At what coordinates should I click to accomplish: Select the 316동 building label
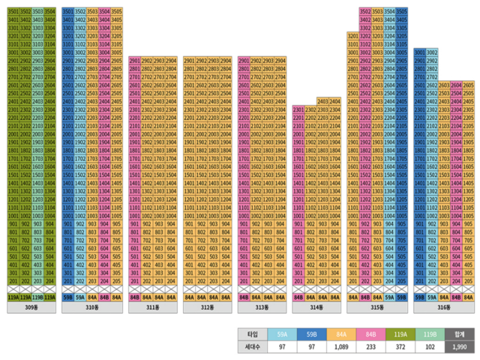[x=443, y=307]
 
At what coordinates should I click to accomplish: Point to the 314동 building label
[x=316, y=307]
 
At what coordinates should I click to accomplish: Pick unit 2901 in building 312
[x=190, y=60]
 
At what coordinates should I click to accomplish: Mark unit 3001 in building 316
[x=420, y=52]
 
